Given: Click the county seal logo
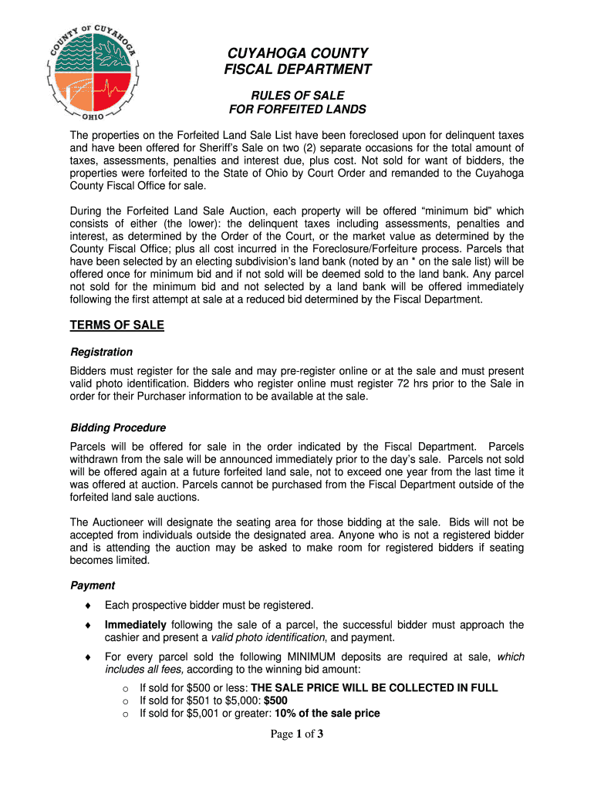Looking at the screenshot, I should (92, 70).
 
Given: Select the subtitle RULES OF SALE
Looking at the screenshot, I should (297, 95).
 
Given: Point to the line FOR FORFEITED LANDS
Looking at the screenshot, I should (297, 110).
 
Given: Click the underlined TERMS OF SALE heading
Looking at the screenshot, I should (116, 325).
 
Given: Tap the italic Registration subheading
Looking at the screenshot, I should (101, 352).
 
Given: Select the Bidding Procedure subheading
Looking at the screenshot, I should (117, 427).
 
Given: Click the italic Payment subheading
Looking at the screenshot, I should (93, 586).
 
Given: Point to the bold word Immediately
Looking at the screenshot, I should (135, 625).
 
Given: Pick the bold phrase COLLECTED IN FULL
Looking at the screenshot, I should (447, 687).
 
